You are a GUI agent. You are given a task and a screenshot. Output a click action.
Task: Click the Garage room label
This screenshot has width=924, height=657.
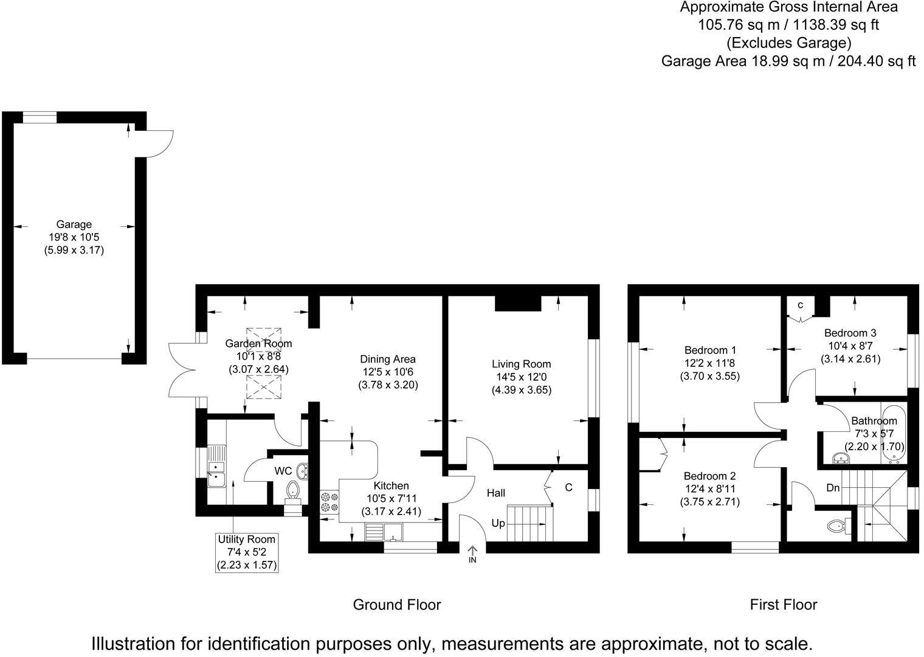[x=74, y=224]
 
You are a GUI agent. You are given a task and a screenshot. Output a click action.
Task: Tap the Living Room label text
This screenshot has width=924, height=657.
[x=521, y=364]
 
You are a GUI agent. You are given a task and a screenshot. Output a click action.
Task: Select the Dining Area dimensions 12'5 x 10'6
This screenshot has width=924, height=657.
[x=388, y=372]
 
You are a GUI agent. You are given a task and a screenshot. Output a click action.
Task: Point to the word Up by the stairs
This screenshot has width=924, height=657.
[x=498, y=523]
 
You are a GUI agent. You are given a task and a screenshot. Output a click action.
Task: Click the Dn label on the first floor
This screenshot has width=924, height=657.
[x=833, y=487]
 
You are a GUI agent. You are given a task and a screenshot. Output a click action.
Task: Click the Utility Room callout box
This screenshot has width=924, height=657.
[x=247, y=552]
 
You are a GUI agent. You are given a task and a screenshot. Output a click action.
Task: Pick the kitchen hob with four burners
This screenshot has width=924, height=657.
[x=329, y=501]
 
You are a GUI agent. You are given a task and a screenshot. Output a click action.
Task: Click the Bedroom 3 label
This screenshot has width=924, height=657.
[x=850, y=333]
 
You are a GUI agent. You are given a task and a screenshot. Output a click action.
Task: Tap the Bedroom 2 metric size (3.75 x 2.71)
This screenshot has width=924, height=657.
[x=709, y=502]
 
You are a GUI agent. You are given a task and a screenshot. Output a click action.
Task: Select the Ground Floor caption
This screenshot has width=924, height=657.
[x=396, y=605]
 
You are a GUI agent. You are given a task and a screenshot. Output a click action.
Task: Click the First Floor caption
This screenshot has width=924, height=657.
[x=783, y=605]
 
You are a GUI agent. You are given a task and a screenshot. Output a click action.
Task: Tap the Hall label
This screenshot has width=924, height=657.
[x=496, y=493]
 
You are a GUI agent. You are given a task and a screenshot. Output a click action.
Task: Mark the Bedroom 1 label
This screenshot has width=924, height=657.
[x=709, y=350]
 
